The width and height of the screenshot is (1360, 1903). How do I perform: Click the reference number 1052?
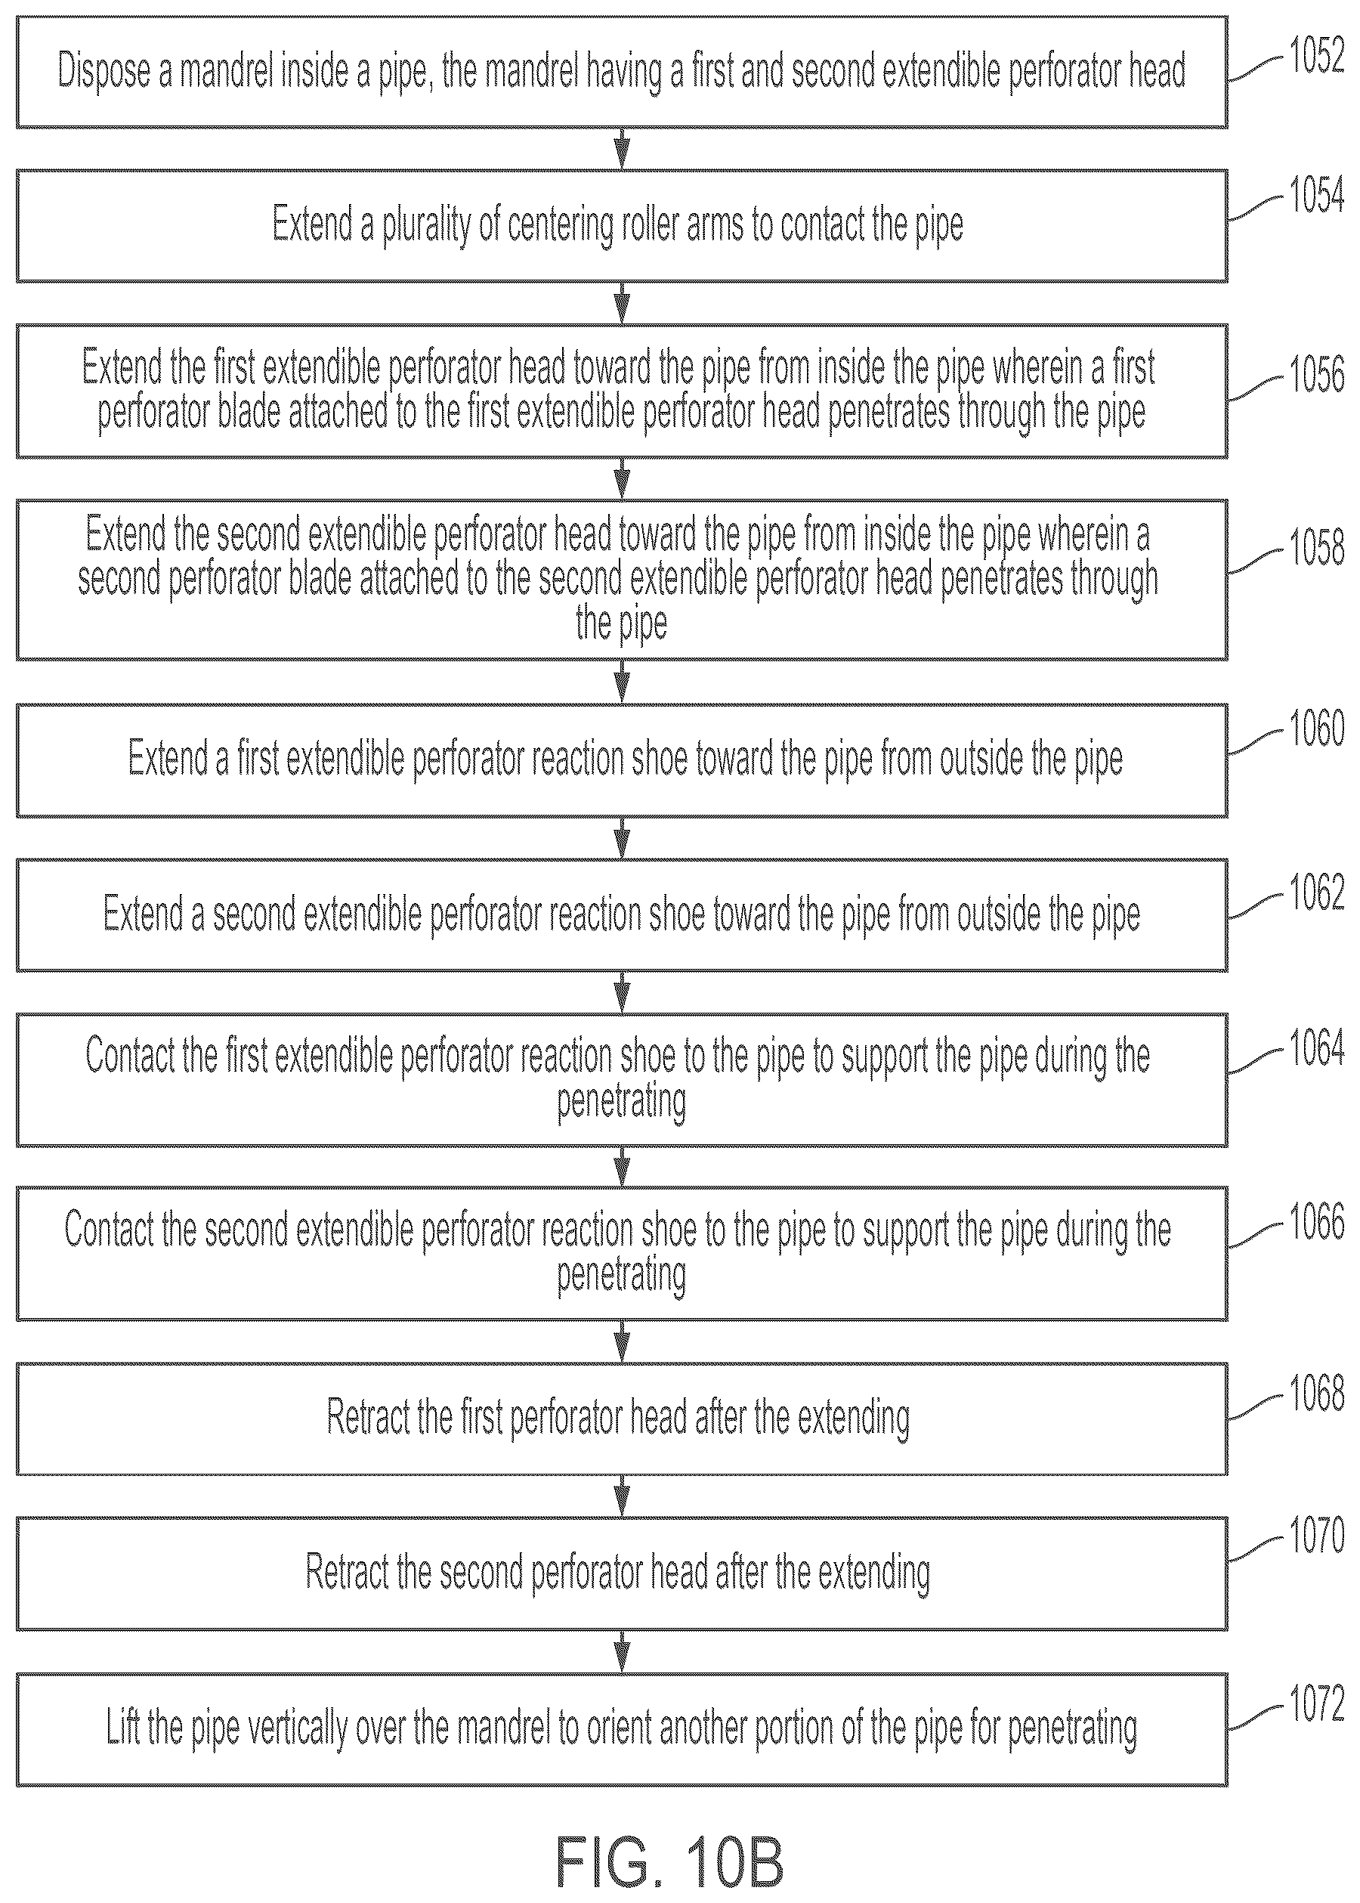pyautogui.click(x=1316, y=56)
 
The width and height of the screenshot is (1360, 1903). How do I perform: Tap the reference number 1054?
pyautogui.click(x=1316, y=195)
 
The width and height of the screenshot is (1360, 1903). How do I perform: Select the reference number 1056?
pyautogui.click(x=1316, y=374)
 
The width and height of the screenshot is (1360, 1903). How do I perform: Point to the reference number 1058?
pyautogui.click(x=1316, y=548)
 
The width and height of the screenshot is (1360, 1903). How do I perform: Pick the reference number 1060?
pyautogui.click(x=1316, y=728)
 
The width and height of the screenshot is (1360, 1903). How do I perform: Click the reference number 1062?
pyautogui.click(x=1316, y=892)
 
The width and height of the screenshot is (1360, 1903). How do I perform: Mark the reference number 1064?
pyautogui.click(x=1316, y=1047)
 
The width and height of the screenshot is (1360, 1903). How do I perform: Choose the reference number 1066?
pyautogui.click(x=1316, y=1221)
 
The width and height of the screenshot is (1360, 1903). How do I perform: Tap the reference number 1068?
pyautogui.click(x=1316, y=1394)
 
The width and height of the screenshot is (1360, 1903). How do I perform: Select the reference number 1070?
pyautogui.click(x=1316, y=1536)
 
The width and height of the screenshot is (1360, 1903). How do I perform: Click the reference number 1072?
pyautogui.click(x=1316, y=1704)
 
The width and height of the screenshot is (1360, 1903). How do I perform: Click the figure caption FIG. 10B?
pyautogui.click(x=670, y=1862)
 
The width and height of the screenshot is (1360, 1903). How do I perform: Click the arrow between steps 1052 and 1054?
pyautogui.click(x=621, y=149)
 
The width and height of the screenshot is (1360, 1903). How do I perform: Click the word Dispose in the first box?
pyautogui.click(x=106, y=71)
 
